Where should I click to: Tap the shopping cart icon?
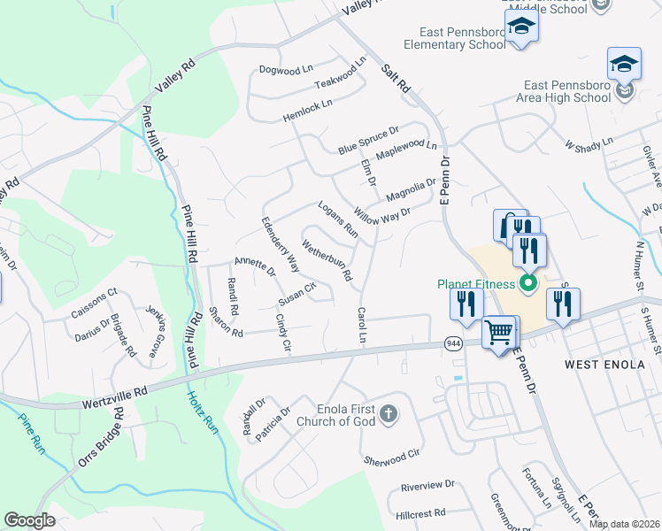(499, 333)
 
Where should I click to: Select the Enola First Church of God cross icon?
(388, 413)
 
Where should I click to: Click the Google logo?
(29, 519)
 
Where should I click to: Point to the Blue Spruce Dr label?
(368, 141)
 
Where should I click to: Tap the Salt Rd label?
(396, 78)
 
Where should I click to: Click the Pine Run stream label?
(32, 433)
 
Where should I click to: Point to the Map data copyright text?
(624, 524)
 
